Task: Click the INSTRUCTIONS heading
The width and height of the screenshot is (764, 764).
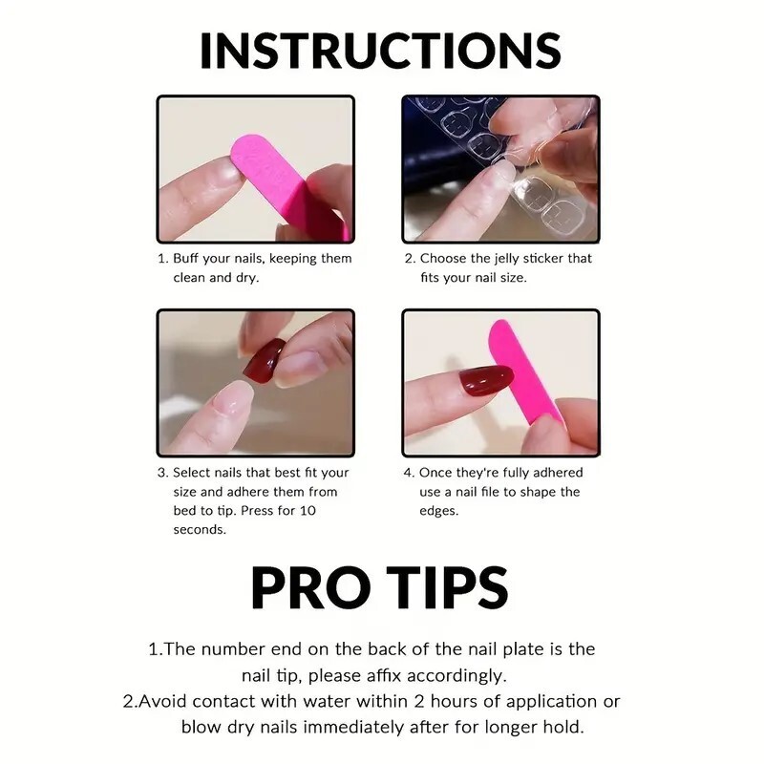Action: click(x=380, y=51)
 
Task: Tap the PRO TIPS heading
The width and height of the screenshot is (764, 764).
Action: click(x=379, y=588)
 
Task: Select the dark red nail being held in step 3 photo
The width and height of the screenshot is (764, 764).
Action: click(x=264, y=361)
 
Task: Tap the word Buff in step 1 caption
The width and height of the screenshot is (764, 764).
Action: click(x=185, y=258)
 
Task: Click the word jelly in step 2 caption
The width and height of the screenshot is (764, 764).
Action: click(x=507, y=258)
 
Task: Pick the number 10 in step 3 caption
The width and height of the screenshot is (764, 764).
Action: click(x=308, y=511)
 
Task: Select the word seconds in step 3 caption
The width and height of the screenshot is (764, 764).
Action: click(x=200, y=530)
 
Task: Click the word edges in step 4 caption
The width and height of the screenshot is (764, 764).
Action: click(x=439, y=511)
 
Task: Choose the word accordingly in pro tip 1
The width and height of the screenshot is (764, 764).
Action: click(x=456, y=676)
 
